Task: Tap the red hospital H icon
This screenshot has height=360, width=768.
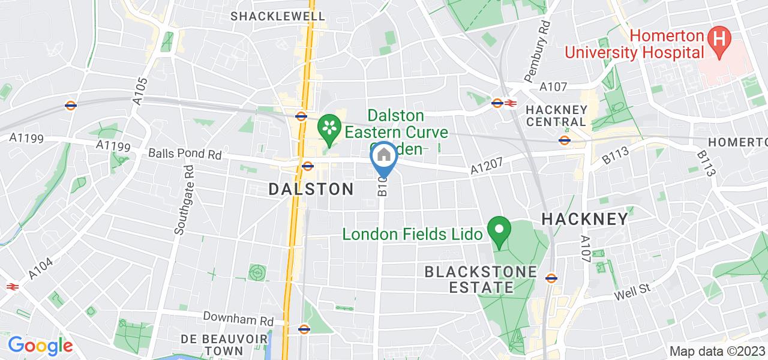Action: [718, 40]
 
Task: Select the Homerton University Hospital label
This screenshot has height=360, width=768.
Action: [635, 44]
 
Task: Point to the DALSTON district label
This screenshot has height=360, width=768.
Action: [311, 189]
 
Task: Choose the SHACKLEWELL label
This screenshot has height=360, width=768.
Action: [278, 16]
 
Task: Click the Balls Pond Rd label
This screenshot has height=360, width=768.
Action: [185, 154]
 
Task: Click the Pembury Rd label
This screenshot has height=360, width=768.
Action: [536, 51]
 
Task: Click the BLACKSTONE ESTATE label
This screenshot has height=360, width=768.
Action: [481, 280]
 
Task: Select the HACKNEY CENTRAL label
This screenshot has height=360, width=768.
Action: [555, 116]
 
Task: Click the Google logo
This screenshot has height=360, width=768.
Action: [40, 346]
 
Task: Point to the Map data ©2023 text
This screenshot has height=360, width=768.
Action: [718, 352]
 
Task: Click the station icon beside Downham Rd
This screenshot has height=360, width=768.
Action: [304, 328]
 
